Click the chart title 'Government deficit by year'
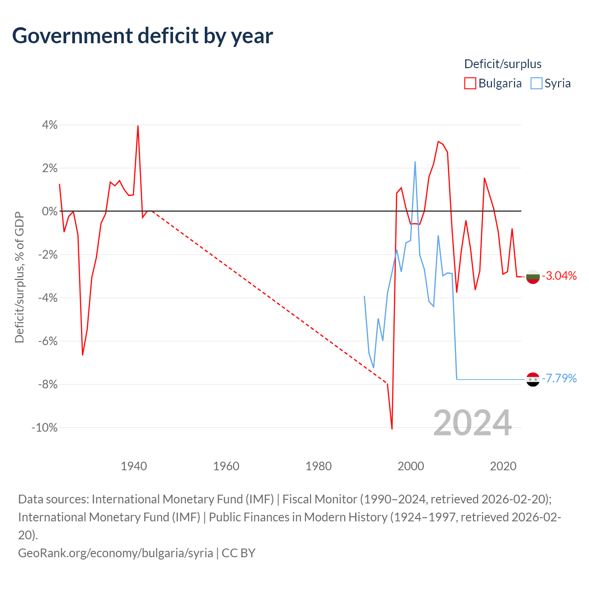(142, 36)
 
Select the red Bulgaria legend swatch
(470, 83)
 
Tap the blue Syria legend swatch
(536, 83)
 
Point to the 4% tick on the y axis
(50, 125)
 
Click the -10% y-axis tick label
(45, 427)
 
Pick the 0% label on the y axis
(50, 211)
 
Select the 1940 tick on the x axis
(134, 466)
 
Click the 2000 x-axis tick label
(411, 466)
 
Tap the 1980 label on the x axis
(318, 466)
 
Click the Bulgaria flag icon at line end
(533, 277)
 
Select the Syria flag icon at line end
(533, 379)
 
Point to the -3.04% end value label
(560, 276)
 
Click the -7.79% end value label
(560, 378)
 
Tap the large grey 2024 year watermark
(472, 423)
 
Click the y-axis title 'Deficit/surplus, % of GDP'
(20, 277)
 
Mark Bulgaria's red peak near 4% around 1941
(138, 126)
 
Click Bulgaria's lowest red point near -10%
(392, 429)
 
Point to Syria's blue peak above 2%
(415, 162)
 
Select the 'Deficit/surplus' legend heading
(503, 64)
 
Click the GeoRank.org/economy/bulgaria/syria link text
(115, 553)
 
